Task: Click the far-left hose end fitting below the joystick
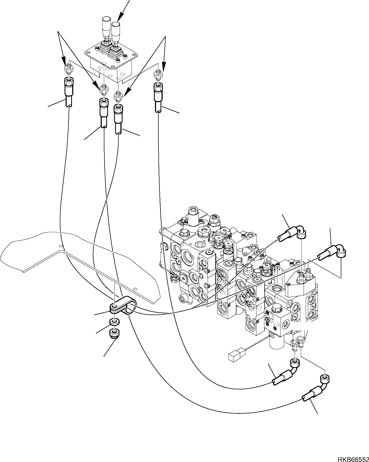[69, 92]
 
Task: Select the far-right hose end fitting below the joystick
[158, 97]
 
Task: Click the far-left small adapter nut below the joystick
[69, 69]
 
